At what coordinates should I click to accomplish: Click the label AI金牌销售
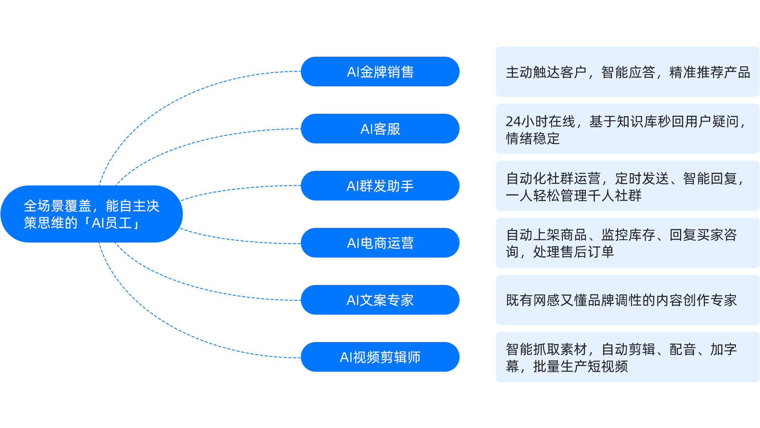point(380,72)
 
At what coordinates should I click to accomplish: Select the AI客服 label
point(380,129)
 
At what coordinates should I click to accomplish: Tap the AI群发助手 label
point(380,186)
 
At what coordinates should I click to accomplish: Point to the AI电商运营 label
point(380,243)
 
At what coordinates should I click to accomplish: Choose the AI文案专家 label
point(380,300)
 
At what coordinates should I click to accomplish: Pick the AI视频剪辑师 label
point(380,357)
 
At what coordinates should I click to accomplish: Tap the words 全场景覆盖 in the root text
point(57,206)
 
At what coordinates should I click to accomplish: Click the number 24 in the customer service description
point(514,122)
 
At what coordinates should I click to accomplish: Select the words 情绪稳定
point(533,139)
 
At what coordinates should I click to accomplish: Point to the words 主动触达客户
point(546,73)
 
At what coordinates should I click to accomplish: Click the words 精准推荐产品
point(709,73)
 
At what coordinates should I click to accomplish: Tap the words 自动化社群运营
point(553,179)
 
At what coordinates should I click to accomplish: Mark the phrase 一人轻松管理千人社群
point(574,196)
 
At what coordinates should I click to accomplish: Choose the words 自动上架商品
point(546,235)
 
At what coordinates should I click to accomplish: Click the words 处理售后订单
point(573,252)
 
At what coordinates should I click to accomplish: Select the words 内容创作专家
point(696,300)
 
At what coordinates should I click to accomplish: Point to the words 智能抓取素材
point(546,350)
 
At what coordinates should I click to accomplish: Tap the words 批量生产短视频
point(580,367)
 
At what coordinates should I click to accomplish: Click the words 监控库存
point(628,235)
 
